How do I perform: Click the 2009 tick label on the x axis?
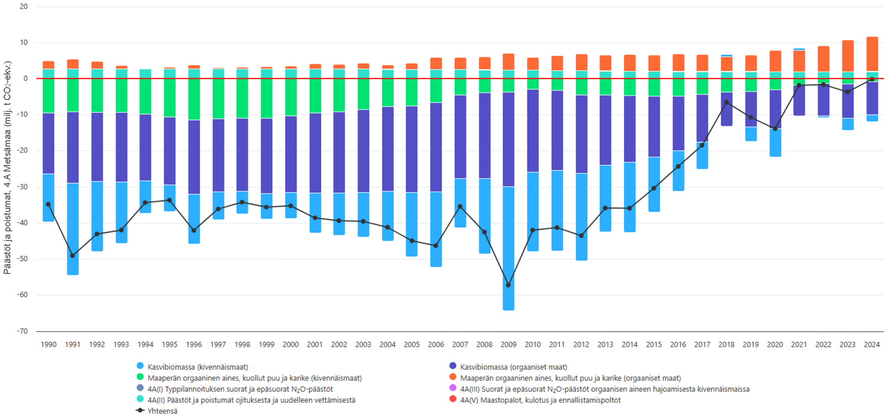508,344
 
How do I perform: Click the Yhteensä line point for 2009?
508,285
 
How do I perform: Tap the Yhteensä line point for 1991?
72,256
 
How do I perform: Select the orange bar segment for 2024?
872,54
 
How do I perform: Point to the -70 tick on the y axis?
23,331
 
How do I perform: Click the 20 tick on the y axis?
24,7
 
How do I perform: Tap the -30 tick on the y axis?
23,187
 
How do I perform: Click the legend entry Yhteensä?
162,411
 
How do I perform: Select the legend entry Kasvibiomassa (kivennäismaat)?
197,367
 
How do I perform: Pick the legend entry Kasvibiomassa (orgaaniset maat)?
513,367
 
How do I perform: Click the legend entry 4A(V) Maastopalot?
540,400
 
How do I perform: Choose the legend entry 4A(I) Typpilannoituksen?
240,389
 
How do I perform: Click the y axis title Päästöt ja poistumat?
7,167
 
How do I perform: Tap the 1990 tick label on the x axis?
49,344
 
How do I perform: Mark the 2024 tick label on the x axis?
872,344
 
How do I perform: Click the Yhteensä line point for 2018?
726,102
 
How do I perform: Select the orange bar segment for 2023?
848,56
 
